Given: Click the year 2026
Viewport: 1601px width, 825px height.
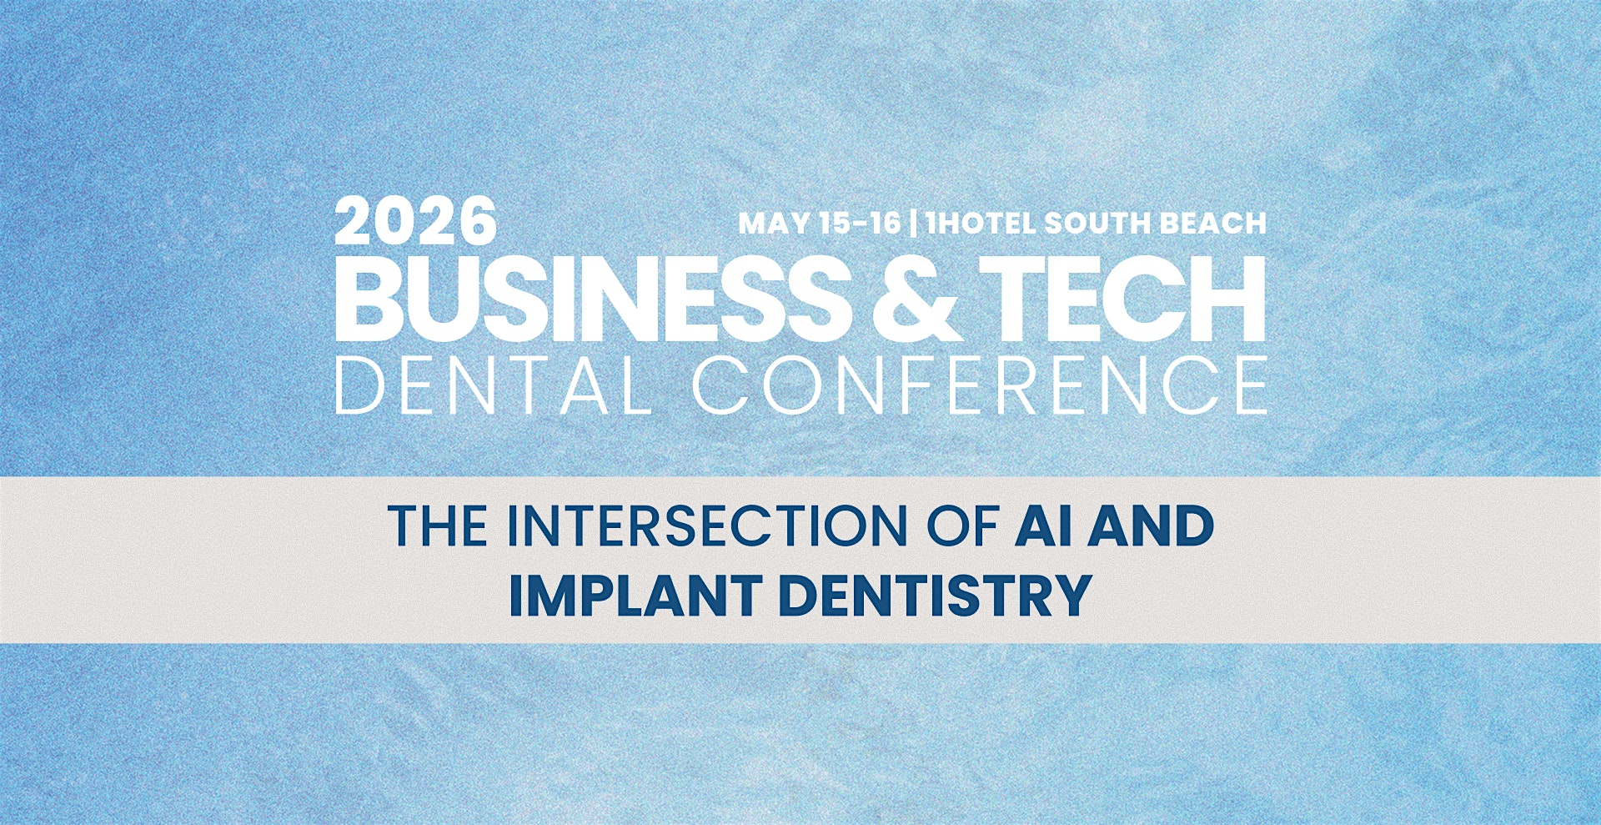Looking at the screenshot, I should (415, 221).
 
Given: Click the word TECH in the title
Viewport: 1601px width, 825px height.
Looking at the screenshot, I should (1123, 299).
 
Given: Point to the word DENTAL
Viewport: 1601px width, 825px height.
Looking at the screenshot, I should (493, 385).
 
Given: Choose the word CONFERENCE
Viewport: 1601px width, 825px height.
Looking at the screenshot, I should (980, 385).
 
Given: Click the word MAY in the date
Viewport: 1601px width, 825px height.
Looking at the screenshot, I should (772, 224).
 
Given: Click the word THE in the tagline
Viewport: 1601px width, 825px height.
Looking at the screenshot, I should (439, 526).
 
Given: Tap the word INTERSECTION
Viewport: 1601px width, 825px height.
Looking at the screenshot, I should (707, 526).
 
